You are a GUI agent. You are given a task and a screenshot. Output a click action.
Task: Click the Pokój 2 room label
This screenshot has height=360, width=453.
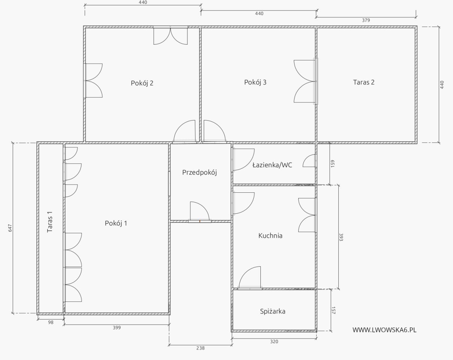point(142,83)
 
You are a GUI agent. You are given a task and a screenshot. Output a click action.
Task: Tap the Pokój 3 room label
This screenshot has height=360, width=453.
point(255,82)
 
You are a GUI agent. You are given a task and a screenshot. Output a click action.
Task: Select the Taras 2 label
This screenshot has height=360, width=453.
point(364,82)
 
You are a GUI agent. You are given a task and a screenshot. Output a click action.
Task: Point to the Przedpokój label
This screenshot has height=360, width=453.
point(199,172)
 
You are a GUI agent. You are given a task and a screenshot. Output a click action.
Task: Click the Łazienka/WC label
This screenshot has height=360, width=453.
point(272,165)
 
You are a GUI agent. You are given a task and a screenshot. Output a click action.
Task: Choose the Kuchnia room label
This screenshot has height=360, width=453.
point(270,235)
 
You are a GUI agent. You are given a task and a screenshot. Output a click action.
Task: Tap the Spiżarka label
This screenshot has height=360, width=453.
point(273,311)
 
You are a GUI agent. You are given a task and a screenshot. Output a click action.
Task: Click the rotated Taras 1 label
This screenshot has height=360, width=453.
point(50,222)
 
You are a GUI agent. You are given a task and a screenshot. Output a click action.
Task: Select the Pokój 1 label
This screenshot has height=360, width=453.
point(116,223)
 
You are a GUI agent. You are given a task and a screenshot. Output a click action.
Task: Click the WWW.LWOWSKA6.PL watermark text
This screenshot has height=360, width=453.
point(384,330)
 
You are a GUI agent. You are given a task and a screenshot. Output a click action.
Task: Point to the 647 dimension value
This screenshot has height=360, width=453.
point(10,228)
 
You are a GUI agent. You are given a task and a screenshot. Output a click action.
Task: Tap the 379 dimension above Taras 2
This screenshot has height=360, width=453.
point(366,20)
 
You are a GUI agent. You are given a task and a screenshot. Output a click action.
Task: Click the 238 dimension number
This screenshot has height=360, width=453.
point(200,348)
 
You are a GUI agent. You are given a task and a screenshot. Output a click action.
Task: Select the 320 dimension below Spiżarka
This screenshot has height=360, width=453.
point(274,342)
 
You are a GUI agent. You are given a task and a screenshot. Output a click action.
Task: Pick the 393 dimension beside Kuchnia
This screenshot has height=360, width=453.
point(341,237)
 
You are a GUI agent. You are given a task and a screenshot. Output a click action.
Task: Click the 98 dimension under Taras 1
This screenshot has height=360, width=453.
point(51,322)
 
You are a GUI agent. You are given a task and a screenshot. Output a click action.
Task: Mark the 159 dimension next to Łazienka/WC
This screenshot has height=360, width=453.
point(333,163)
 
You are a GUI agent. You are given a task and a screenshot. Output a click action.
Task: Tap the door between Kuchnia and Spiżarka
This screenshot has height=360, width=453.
point(250,278)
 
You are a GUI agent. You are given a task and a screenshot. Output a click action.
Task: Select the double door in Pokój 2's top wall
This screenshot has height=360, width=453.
point(170,35)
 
